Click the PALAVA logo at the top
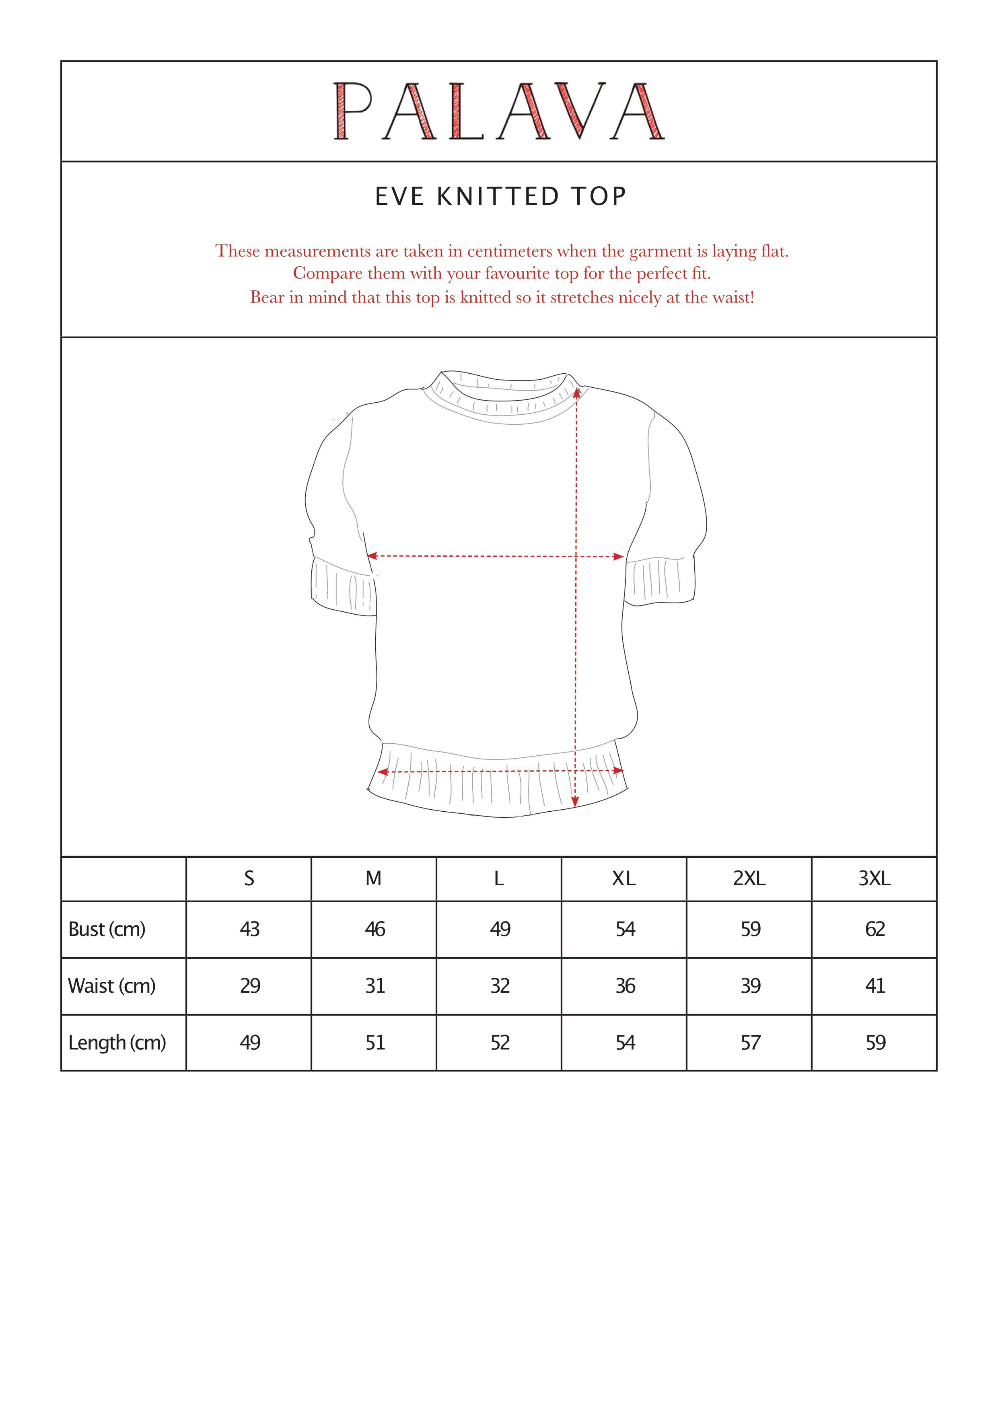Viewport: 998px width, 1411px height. (x=498, y=111)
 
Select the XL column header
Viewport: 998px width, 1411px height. (x=624, y=879)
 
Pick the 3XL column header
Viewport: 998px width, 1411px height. (x=874, y=879)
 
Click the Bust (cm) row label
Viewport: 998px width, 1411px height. (x=107, y=929)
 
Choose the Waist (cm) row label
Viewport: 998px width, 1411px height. (x=112, y=986)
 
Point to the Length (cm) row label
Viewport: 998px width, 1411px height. (x=117, y=1042)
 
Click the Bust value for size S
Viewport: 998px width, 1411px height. (x=249, y=929)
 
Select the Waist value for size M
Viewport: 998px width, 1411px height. (x=375, y=986)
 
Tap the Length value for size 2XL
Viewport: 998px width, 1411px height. (x=750, y=1042)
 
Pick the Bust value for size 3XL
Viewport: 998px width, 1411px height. (x=875, y=929)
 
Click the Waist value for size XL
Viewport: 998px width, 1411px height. (x=625, y=986)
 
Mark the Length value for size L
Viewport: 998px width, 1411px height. (x=500, y=1042)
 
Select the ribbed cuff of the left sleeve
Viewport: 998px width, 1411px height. (x=343, y=587)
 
